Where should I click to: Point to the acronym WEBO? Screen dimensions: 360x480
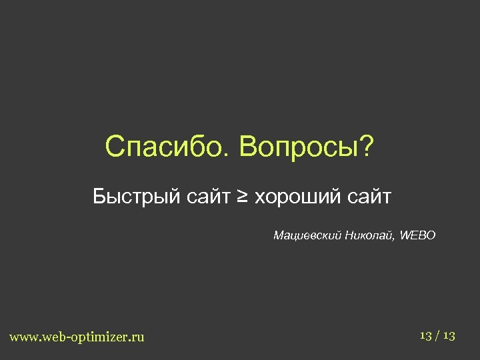click(419, 235)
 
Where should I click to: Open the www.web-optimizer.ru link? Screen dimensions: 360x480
click(77, 337)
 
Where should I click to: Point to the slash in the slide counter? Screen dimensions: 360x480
click(438, 335)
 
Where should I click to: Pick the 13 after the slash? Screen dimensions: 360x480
click(449, 335)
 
